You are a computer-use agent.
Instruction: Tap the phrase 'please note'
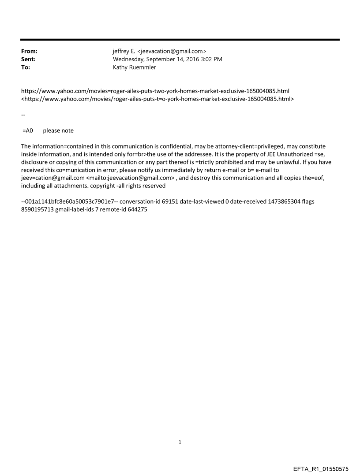coord(58,130)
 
